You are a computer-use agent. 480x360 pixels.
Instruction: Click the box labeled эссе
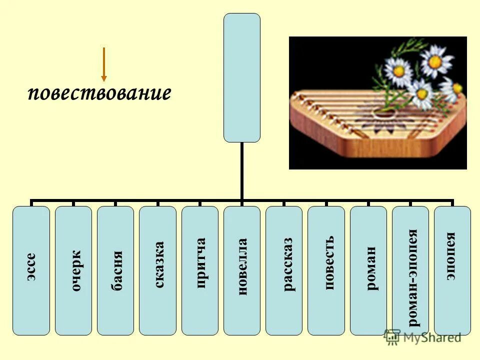click(x=31, y=270)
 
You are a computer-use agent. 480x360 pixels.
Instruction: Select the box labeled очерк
click(x=73, y=270)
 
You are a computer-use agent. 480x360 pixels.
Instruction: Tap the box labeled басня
click(x=115, y=270)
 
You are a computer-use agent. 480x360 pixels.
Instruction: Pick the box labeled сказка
click(x=157, y=270)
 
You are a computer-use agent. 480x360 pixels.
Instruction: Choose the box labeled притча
click(x=200, y=270)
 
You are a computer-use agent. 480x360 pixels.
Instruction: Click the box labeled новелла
click(x=242, y=270)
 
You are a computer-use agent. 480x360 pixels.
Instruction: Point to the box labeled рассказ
click(x=284, y=270)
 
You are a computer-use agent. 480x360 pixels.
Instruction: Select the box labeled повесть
click(x=326, y=270)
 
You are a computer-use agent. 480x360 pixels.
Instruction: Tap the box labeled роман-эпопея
click(x=410, y=270)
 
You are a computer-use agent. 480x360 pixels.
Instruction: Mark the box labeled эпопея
click(x=452, y=270)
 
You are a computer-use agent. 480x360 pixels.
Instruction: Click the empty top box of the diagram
click(x=242, y=77)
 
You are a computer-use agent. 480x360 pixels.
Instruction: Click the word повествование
click(x=99, y=93)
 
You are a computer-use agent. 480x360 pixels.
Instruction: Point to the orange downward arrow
click(x=103, y=64)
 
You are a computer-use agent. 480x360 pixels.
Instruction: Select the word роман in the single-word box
click(x=372, y=270)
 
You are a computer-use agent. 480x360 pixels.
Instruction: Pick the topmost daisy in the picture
click(x=435, y=61)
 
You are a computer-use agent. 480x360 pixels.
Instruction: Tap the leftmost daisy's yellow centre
click(x=398, y=70)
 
